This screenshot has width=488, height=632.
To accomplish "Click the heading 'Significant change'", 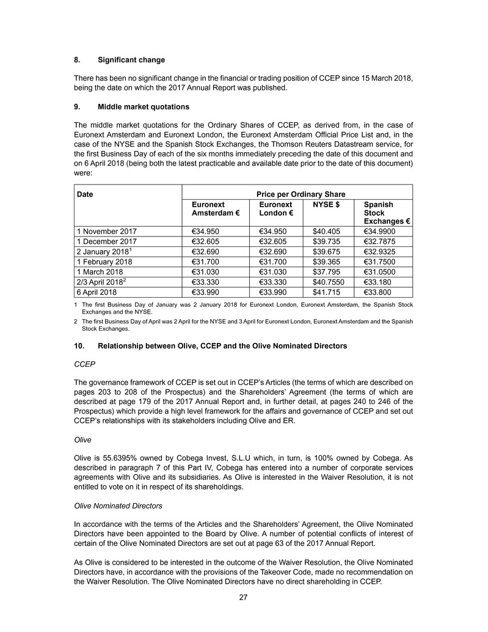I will pyautogui.click(x=131, y=60).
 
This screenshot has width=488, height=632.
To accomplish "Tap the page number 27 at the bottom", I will pyautogui.click(x=243, y=597).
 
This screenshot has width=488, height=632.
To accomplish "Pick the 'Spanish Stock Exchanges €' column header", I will pyautogui.click(x=386, y=213).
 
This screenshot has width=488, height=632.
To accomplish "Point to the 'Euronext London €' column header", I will pyautogui.click(x=275, y=209).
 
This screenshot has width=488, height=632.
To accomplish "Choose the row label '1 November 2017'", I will pyautogui.click(x=107, y=232).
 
